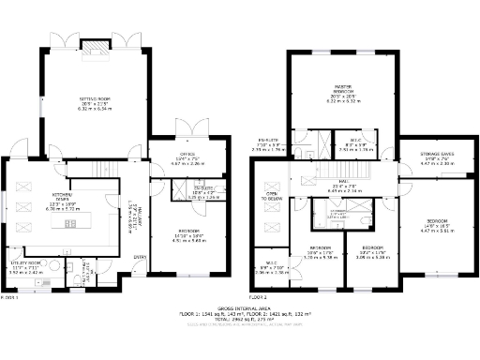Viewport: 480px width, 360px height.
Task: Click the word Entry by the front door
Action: point(140,257)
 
